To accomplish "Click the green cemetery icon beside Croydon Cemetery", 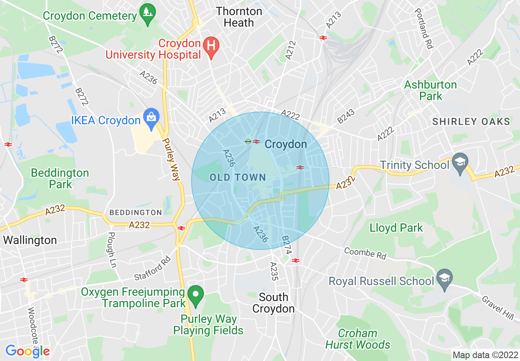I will point(147,15).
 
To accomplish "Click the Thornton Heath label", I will point(239,17).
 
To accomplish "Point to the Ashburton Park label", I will point(430,90).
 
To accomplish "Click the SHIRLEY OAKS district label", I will point(471,121).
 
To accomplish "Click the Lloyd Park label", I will point(396,228).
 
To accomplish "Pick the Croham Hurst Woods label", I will point(358,339).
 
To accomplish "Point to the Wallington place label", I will point(30,240).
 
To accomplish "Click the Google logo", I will point(27,351).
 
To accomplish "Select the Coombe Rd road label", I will point(365,253).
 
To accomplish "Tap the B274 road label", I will point(286,244).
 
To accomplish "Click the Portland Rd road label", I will point(424,29).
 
